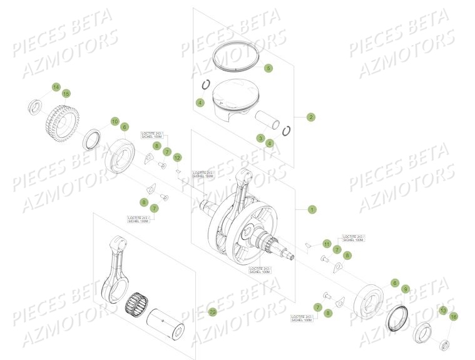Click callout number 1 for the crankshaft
pyautogui.click(x=312, y=209)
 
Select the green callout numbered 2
pyautogui.click(x=310, y=116)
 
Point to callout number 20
pyautogui.click(x=212, y=311)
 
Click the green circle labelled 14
pyautogui.click(x=56, y=87)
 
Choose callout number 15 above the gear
pyautogui.click(x=66, y=94)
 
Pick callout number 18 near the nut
pyautogui.click(x=454, y=317)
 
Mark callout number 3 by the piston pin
pyautogui.click(x=260, y=138)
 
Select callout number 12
pyautogui.click(x=177, y=157)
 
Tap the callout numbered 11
pyautogui.click(x=326, y=243)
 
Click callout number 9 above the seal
pyautogui.click(x=406, y=289)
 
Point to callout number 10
pyautogui.click(x=115, y=121)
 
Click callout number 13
pyautogui.click(x=442, y=311)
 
